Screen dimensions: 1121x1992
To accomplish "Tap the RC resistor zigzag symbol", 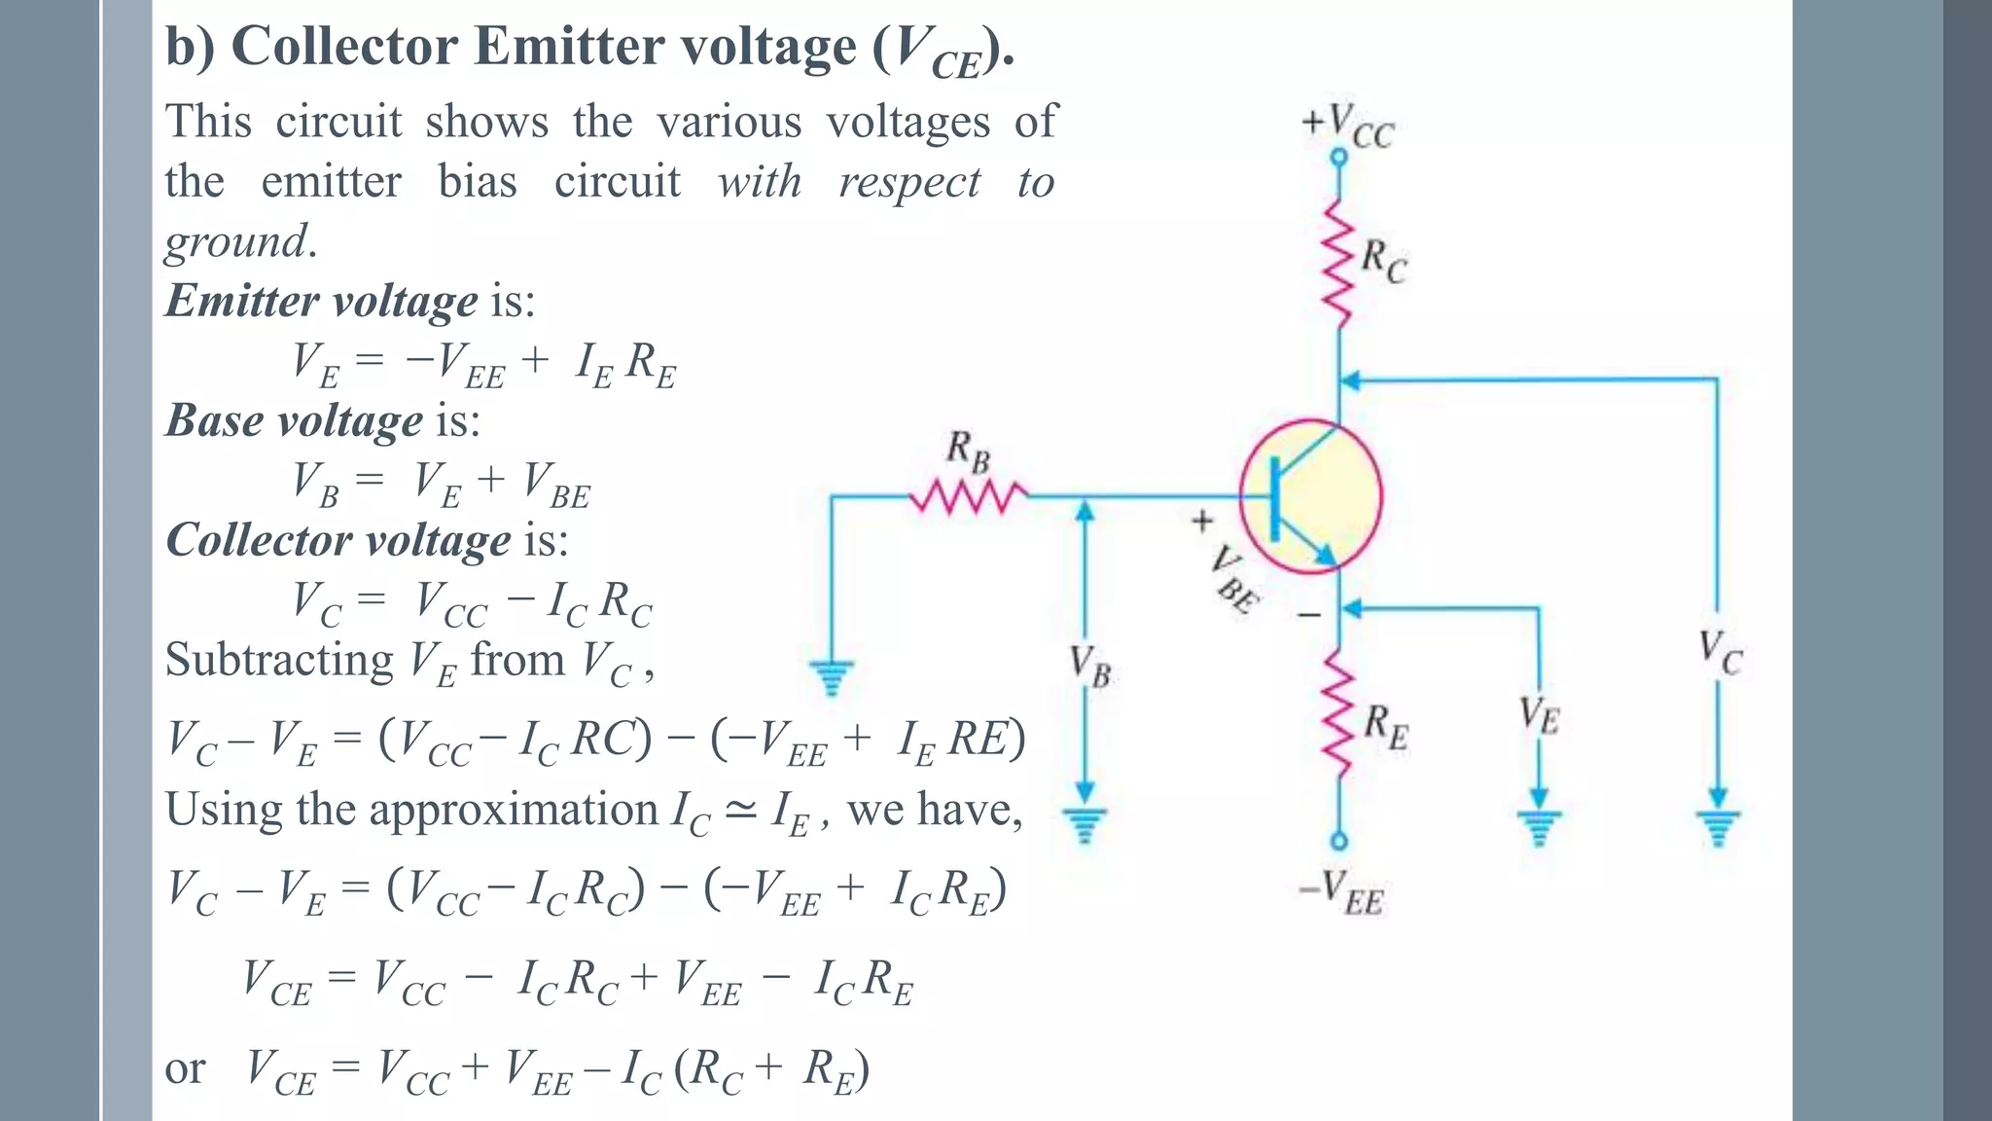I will coord(1339,265).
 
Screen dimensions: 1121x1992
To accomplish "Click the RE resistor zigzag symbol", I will coord(1339,715).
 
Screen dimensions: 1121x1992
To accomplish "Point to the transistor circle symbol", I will coord(1310,496).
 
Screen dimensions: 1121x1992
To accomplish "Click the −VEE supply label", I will coord(1342,891).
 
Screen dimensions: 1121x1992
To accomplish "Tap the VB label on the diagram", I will coord(1089,666).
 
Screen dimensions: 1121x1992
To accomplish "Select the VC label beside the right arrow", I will coord(1721,651).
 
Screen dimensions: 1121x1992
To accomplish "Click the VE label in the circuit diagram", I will coord(1540,715).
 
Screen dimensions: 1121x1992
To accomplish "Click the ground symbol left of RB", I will coord(832,678).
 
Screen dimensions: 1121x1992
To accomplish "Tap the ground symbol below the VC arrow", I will coord(1719,827).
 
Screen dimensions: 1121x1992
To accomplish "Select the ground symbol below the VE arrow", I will coord(1539,827).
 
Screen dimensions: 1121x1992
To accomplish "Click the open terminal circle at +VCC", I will coord(1339,157).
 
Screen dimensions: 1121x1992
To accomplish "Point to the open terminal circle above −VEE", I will coord(1339,841).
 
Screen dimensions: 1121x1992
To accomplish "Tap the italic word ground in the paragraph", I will coord(235,240).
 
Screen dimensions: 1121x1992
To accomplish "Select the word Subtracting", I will coord(279,660).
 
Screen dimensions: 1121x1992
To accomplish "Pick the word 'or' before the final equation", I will coord(185,1068).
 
